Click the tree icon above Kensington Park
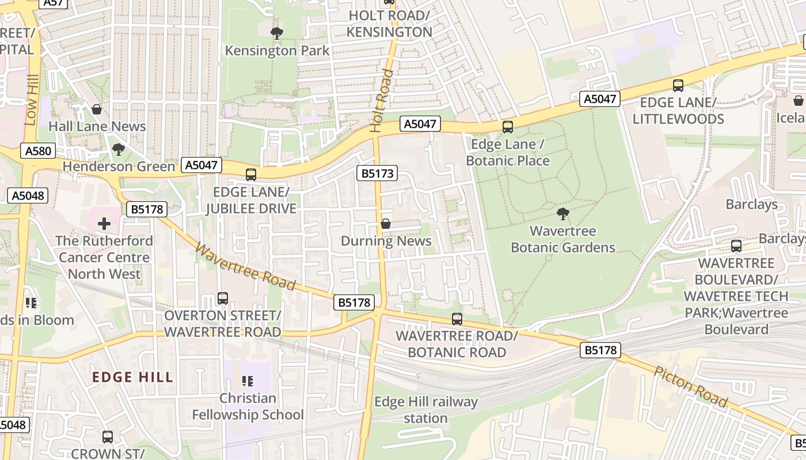pyautogui.click(x=276, y=33)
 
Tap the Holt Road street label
pyautogui.click(x=382, y=101)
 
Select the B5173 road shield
pyautogui.click(x=377, y=173)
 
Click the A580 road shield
pyautogui.click(x=39, y=151)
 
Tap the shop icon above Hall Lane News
pyautogui.click(x=97, y=109)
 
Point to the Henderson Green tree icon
pyautogui.click(x=119, y=149)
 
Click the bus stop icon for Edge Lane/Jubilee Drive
pyautogui.click(x=251, y=174)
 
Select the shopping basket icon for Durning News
pyautogui.click(x=386, y=223)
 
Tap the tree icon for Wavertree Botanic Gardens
pyautogui.click(x=563, y=214)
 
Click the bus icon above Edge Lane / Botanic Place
pyautogui.click(x=507, y=126)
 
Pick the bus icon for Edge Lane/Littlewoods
pyautogui.click(x=678, y=86)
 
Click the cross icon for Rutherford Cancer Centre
pyautogui.click(x=104, y=223)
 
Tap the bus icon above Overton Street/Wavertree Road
pyautogui.click(x=223, y=298)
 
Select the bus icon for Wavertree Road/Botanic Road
pyautogui.click(x=457, y=318)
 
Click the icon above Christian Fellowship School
pyautogui.click(x=248, y=381)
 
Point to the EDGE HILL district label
pyautogui.click(x=132, y=377)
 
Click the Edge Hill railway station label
pyautogui.click(x=425, y=410)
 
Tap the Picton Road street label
pyautogui.click(x=691, y=386)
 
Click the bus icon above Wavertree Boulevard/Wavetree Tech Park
pyautogui.click(x=736, y=246)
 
